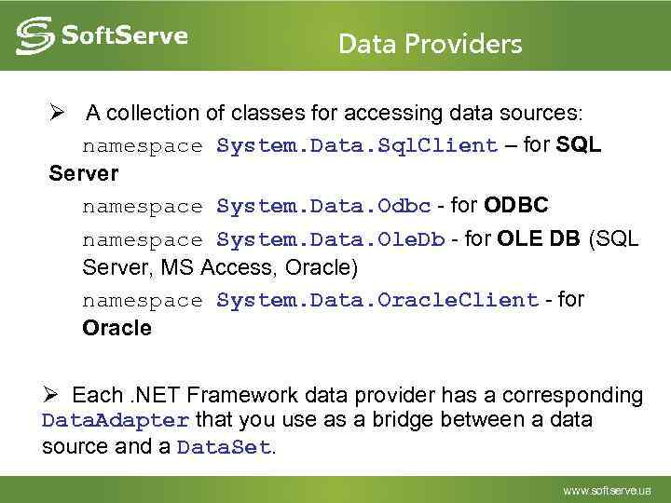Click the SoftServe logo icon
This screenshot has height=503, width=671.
pyautogui.click(x=34, y=37)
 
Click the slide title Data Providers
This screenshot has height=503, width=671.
pyautogui.click(x=430, y=44)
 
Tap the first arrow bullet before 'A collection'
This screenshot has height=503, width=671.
pyautogui.click(x=57, y=113)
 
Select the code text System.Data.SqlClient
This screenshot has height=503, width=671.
pyautogui.click(x=357, y=145)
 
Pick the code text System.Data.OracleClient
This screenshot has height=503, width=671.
pyautogui.click(x=377, y=300)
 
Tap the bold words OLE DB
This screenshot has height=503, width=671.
pyautogui.click(x=539, y=238)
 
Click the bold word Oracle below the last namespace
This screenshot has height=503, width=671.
pyautogui.click(x=116, y=329)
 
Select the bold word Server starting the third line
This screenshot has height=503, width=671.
pyautogui.click(x=84, y=174)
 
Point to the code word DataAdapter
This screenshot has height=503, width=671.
pyautogui.click(x=116, y=420)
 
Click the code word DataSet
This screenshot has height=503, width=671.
pyautogui.click(x=223, y=447)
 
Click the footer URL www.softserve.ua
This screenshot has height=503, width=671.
pyautogui.click(x=606, y=490)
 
